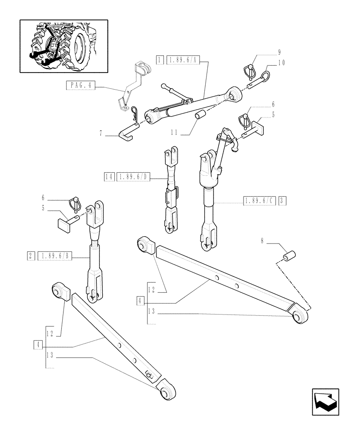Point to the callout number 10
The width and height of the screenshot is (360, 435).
click(x=281, y=63)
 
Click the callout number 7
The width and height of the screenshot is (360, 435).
click(x=100, y=134)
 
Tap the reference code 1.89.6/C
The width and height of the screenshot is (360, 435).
click(x=260, y=201)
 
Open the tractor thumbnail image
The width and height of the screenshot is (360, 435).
click(x=63, y=46)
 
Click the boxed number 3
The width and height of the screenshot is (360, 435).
click(x=283, y=201)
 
